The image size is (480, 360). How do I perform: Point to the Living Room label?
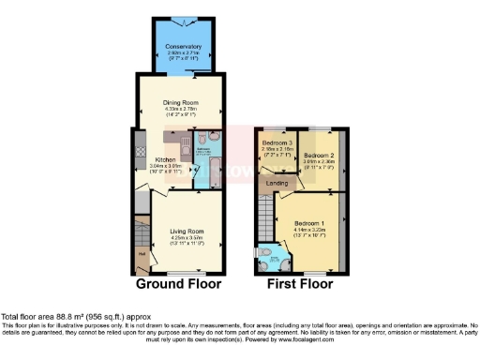coord(187,231)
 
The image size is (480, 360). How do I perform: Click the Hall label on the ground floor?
coord(142,253)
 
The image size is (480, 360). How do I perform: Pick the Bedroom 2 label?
coord(319,155)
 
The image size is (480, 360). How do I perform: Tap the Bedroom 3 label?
coord(278,143)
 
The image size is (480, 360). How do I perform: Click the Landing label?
coord(277,184)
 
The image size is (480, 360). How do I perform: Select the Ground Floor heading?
coord(179,283)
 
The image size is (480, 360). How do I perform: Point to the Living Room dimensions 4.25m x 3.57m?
coord(187,237)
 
